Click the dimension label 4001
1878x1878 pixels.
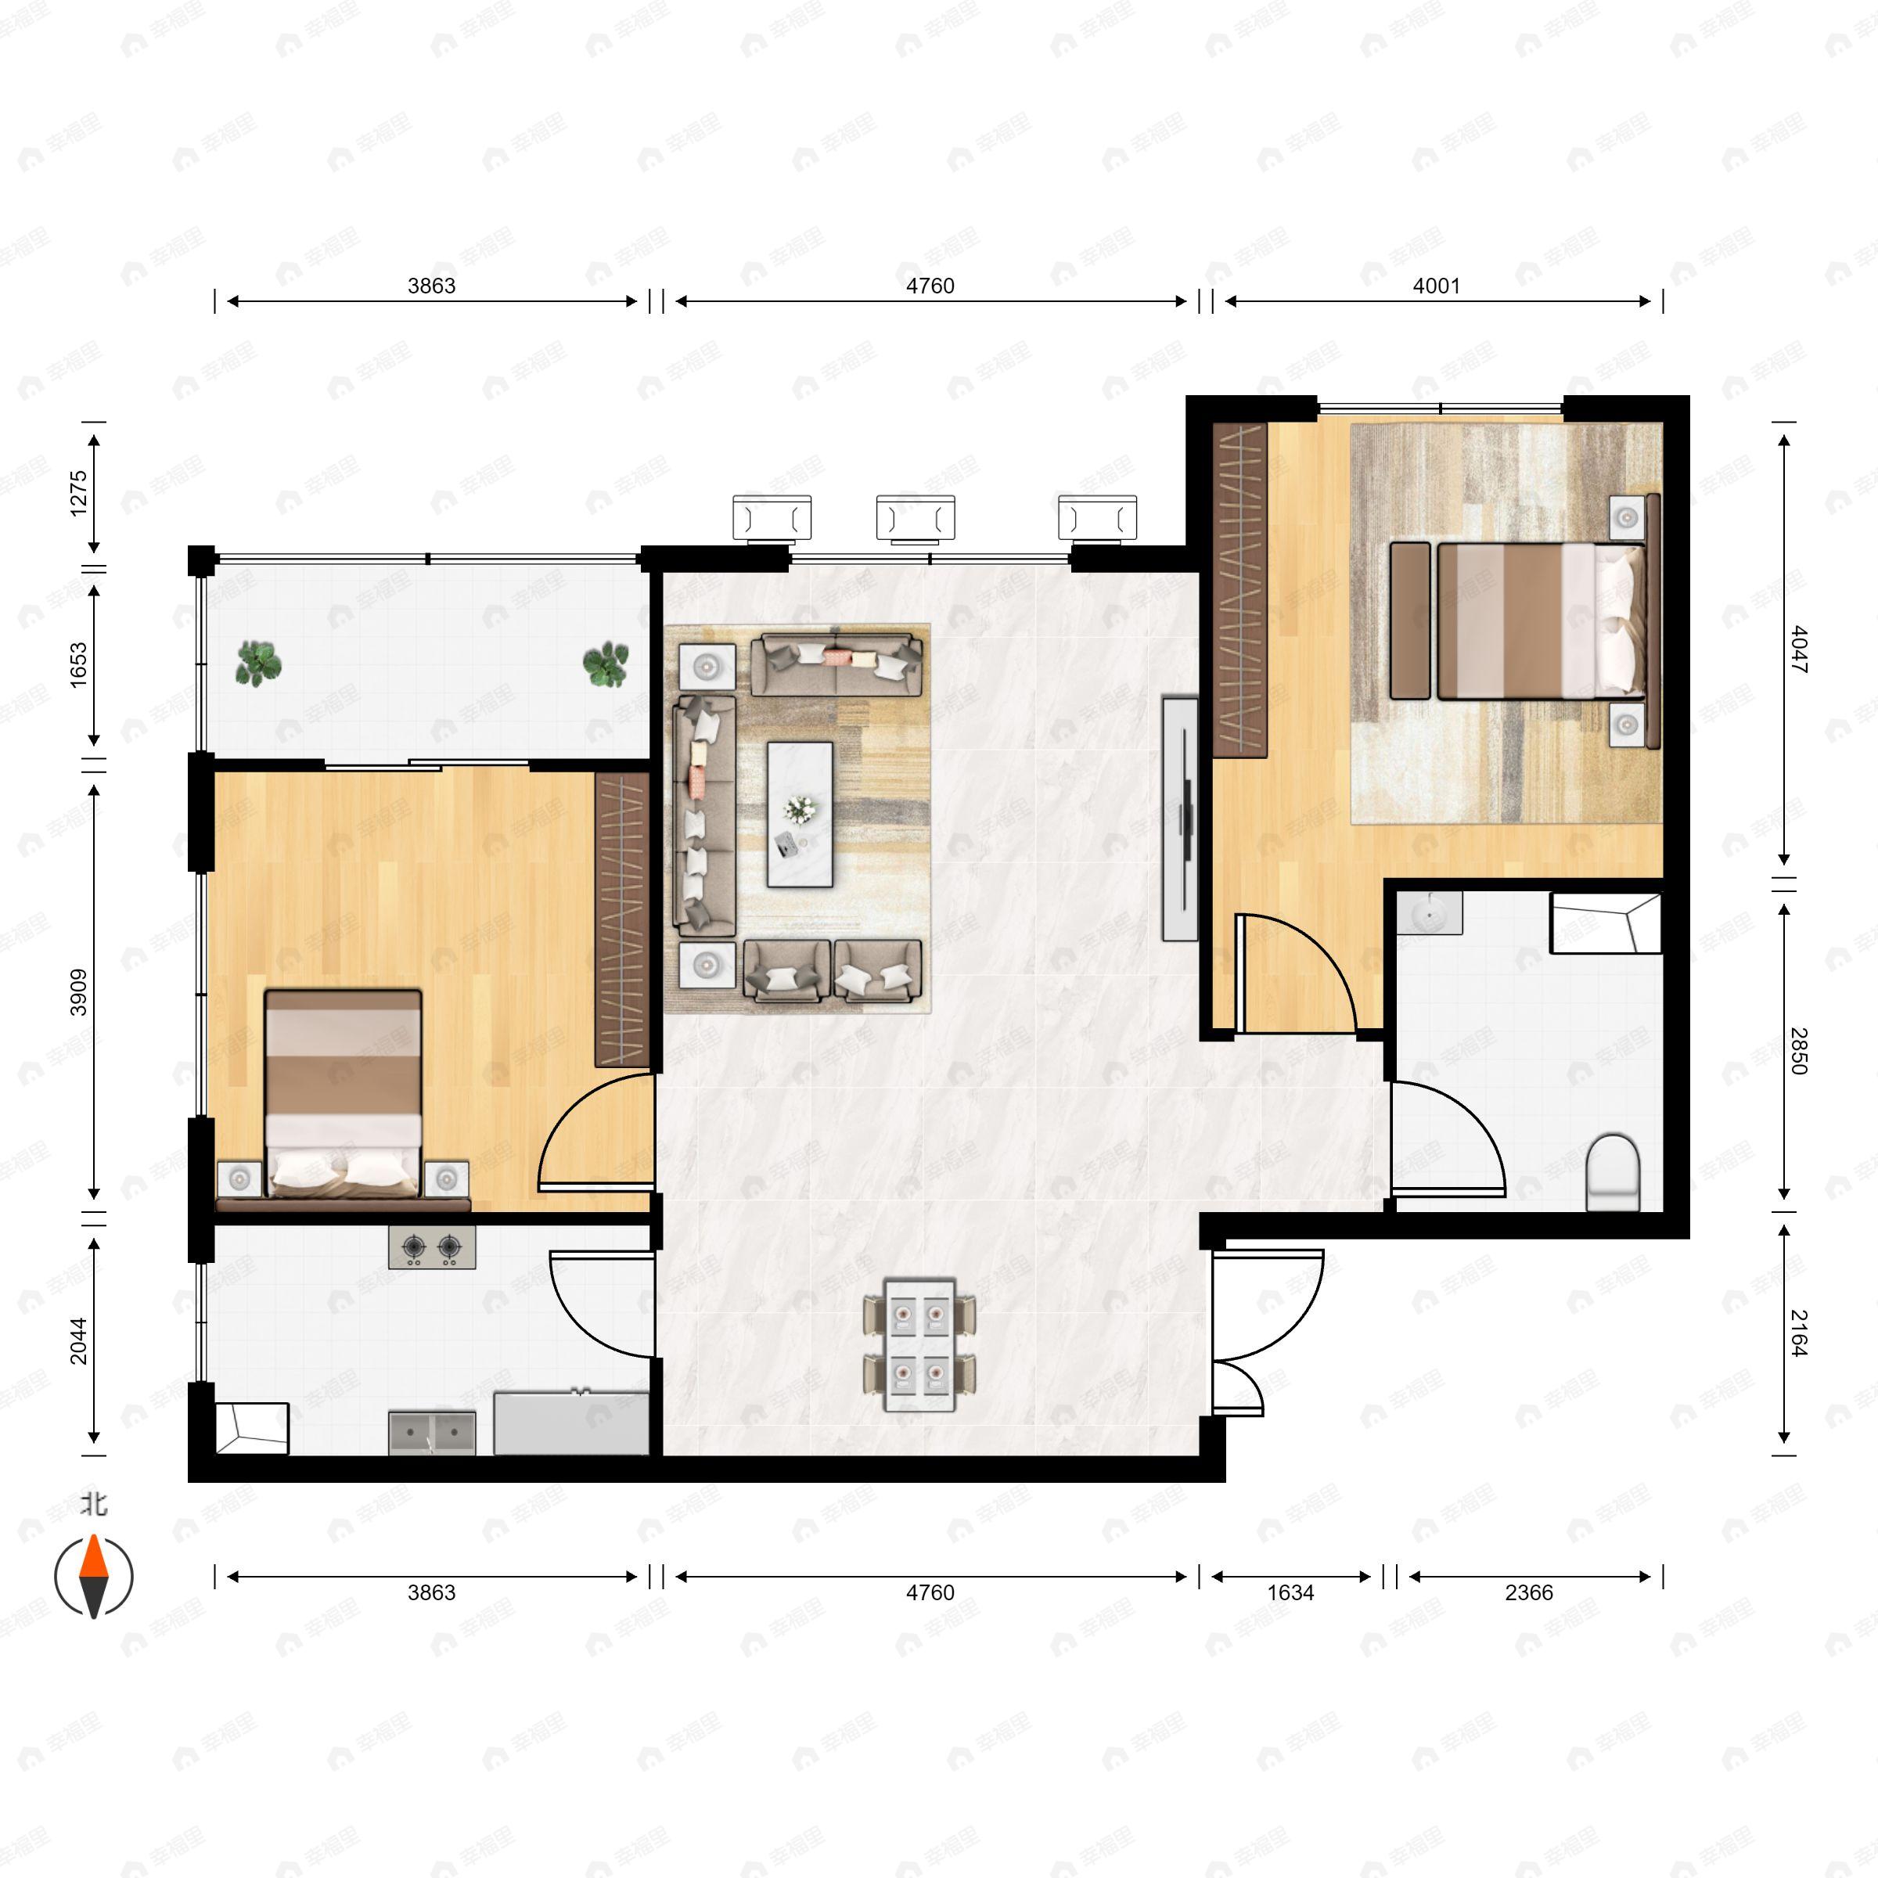tap(1436, 286)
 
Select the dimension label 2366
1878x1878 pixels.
tap(1528, 1592)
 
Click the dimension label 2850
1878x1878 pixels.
tap(1797, 1051)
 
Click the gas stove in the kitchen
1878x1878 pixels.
tap(432, 1247)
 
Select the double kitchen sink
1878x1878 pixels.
tap(432, 1433)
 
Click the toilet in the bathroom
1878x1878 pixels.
tap(1612, 1173)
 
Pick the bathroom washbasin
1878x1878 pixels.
tap(1429, 914)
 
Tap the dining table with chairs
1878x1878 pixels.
tap(919, 1344)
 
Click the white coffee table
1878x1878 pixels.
tap(799, 815)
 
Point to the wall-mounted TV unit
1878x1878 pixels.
tap(1180, 818)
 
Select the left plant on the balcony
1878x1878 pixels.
tap(258, 664)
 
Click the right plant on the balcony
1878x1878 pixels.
tap(606, 664)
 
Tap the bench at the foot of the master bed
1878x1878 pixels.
tap(1409, 621)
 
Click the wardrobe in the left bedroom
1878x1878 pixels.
tap(621, 919)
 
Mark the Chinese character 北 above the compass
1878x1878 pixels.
tap(93, 1505)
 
